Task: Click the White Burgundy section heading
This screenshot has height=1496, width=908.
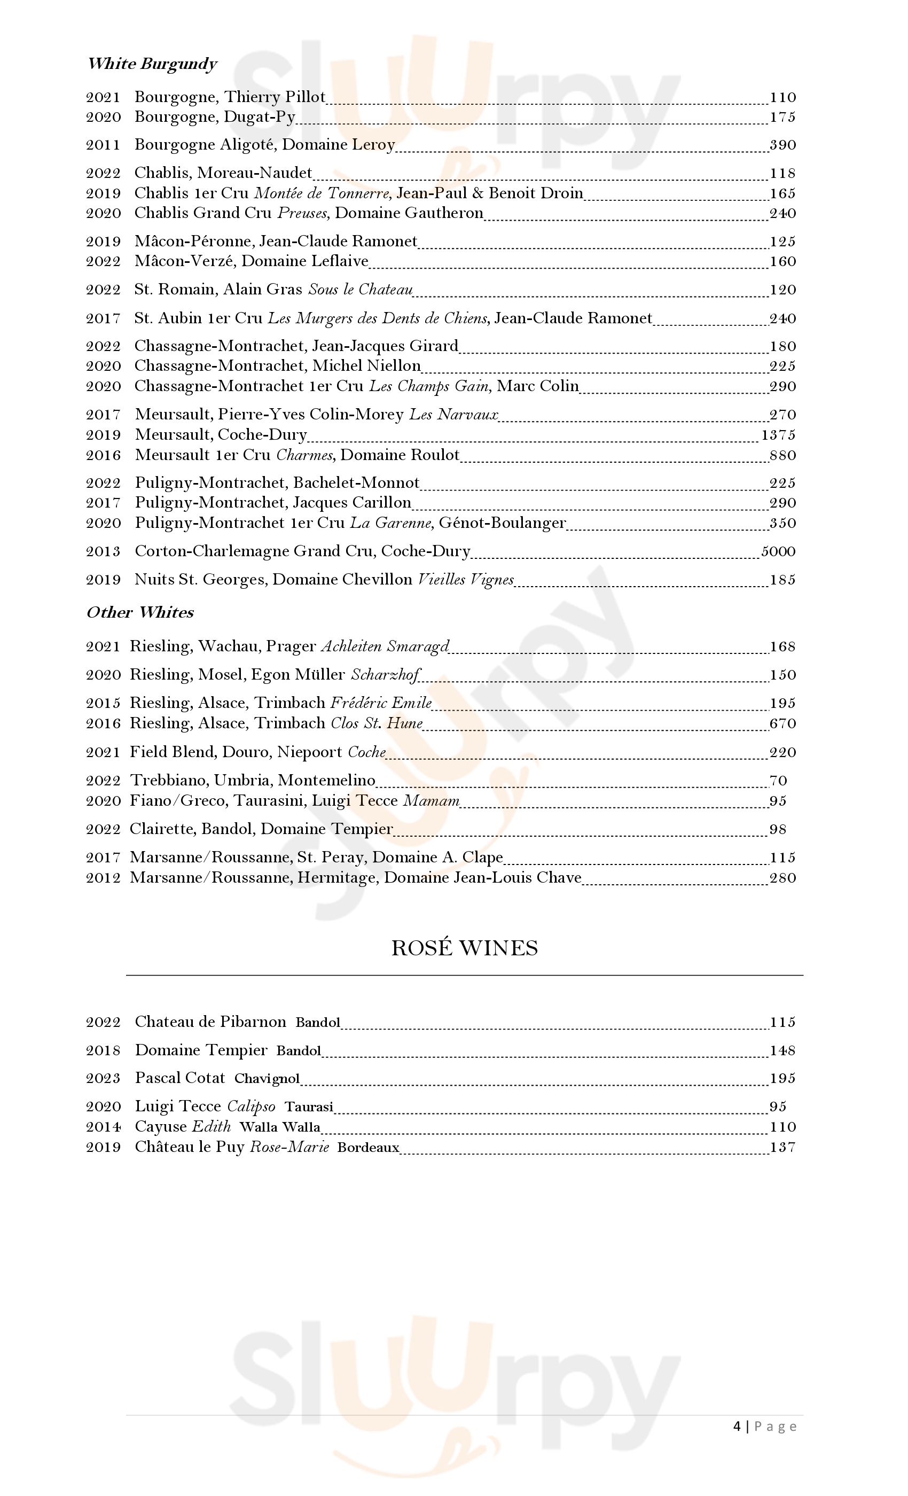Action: click(x=152, y=64)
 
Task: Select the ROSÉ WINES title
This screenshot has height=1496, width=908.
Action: click(x=464, y=948)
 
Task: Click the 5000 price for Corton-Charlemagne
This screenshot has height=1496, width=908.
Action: click(x=778, y=551)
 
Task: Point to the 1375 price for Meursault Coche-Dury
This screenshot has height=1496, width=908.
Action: click(x=778, y=435)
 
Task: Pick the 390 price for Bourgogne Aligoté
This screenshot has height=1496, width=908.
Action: click(x=782, y=145)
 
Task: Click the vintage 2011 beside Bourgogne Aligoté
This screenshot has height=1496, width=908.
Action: click(x=103, y=145)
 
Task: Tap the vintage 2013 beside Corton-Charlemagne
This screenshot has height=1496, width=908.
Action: click(x=103, y=551)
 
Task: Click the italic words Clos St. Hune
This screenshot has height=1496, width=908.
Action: click(x=377, y=723)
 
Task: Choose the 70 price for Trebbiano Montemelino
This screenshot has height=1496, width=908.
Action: click(x=778, y=781)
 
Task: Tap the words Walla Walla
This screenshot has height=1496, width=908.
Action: click(x=280, y=1127)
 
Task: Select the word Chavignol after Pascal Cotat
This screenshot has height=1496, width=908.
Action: click(x=267, y=1078)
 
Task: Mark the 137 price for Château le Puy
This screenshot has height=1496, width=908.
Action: click(x=782, y=1147)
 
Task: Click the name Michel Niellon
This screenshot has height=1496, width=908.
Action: click(x=366, y=366)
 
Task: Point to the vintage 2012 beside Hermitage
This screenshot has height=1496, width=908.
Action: click(x=103, y=878)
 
